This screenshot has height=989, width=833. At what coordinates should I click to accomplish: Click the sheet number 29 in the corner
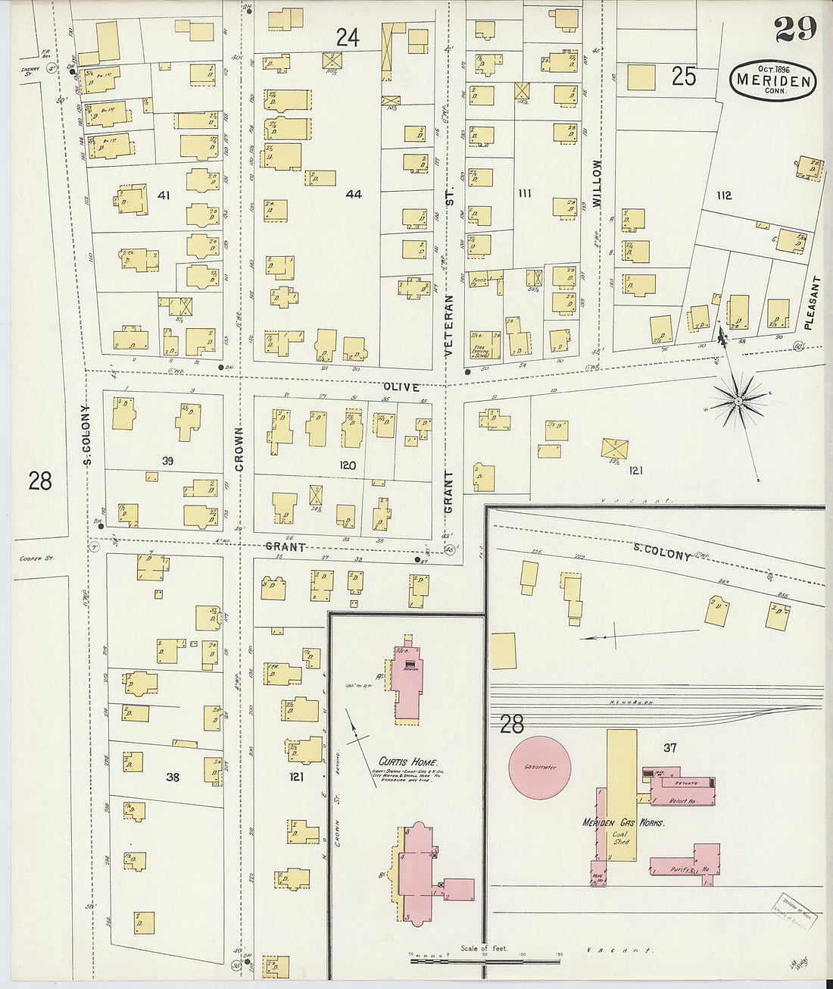(x=794, y=29)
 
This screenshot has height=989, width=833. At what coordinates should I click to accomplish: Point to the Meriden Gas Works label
(x=622, y=823)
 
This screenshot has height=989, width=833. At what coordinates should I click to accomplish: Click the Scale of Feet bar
(x=485, y=959)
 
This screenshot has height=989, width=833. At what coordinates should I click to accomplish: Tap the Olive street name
(x=401, y=387)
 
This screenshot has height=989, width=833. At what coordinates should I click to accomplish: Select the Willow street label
(x=597, y=183)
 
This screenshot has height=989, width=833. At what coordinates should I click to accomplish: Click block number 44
(x=354, y=194)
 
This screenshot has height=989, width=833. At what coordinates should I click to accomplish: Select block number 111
(x=524, y=194)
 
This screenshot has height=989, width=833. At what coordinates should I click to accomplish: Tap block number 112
(x=724, y=196)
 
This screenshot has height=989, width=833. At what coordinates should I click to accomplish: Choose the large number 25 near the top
(x=683, y=77)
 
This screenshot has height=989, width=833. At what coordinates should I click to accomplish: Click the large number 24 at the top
(x=347, y=37)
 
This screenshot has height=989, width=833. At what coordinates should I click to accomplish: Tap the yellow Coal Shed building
(x=621, y=796)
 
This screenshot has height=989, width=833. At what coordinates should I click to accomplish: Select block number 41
(x=163, y=196)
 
